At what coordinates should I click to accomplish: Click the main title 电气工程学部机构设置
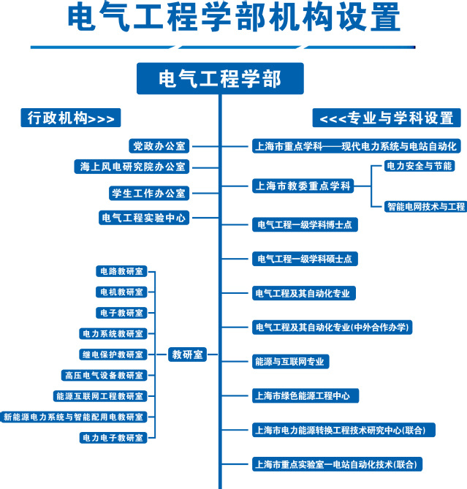click(233, 18)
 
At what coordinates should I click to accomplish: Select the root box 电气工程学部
click(220, 78)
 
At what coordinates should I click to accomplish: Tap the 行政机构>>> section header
click(70, 118)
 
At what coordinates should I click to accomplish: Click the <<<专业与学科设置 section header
click(387, 118)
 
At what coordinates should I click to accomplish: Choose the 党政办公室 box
click(159, 146)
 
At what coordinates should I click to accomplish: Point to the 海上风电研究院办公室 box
click(133, 167)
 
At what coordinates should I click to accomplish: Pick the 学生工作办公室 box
click(148, 194)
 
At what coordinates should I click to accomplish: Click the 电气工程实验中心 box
click(144, 217)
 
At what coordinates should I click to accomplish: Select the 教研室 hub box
click(187, 355)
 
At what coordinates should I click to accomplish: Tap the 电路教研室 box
click(121, 271)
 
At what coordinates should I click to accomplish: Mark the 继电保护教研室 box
click(113, 355)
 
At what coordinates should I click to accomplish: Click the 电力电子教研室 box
click(113, 438)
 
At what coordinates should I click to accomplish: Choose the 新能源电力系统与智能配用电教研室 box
click(74, 417)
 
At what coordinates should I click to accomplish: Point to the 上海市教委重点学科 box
click(303, 186)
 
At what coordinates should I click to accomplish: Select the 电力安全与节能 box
click(419, 166)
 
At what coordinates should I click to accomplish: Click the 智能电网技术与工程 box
click(425, 207)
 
